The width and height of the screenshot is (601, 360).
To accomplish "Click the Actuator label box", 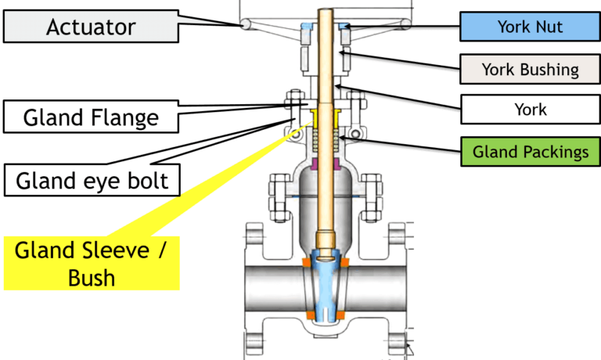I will pos(90,28).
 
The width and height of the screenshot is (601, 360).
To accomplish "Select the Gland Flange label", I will pos(91,117).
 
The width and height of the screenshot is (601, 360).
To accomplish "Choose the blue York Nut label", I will pos(531,27).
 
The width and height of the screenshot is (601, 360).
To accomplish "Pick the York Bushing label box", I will pos(531,69).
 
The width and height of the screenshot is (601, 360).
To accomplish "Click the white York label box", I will pos(531,110).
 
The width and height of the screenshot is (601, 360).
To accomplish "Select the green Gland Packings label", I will pos(531,151).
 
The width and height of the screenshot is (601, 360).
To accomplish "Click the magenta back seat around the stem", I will pos(324,164).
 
